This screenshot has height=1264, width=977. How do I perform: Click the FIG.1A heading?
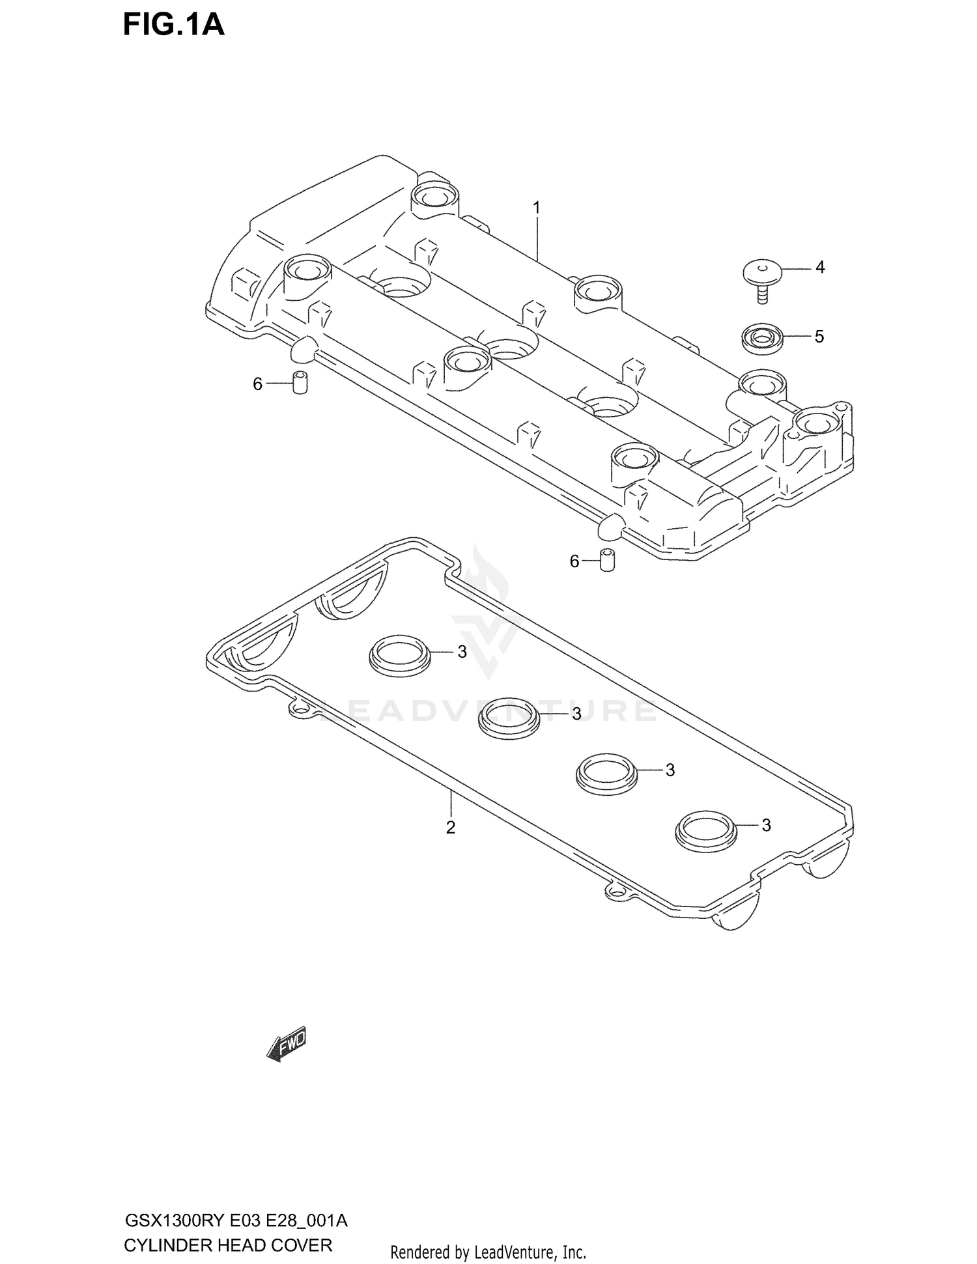[x=173, y=25]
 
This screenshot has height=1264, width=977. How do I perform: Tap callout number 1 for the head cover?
[x=536, y=208]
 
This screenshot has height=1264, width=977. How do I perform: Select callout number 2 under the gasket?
[x=450, y=828]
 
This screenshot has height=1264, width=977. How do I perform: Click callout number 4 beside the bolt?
[x=820, y=267]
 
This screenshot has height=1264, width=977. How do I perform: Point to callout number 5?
[x=819, y=337]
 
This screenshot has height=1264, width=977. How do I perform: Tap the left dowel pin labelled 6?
[x=300, y=383]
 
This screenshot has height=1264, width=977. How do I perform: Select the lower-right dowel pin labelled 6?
[x=608, y=560]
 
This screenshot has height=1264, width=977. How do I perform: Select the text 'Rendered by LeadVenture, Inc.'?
[x=488, y=1252]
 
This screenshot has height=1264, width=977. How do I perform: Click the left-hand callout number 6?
[x=257, y=384]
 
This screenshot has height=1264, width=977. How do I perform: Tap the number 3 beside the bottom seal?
[x=766, y=825]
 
